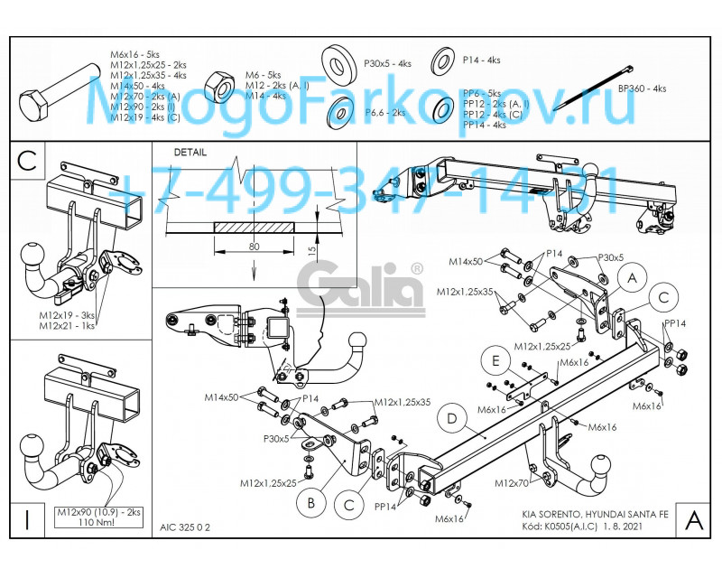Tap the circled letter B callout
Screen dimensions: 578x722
309,501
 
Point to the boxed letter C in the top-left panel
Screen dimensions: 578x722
28,160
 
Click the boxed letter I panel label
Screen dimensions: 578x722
28,519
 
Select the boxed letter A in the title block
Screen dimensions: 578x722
693,519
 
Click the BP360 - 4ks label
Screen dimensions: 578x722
642,89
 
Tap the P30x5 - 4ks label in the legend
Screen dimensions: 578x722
387,63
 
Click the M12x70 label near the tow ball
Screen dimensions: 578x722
512,483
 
